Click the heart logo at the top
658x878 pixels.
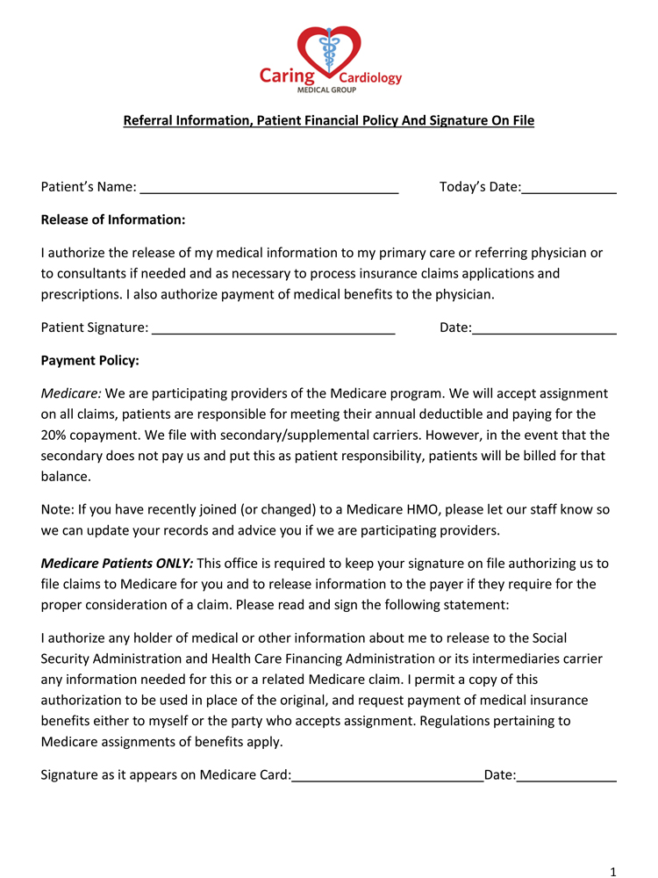pyautogui.click(x=329, y=51)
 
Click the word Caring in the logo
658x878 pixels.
pyautogui.click(x=287, y=76)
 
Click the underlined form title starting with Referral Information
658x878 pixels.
pyautogui.click(x=328, y=119)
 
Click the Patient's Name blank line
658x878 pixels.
pyautogui.click(x=269, y=189)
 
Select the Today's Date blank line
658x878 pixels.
pyautogui.click(x=569, y=189)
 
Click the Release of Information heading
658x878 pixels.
pyautogui.click(x=113, y=219)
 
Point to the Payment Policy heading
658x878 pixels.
pyautogui.click(x=90, y=360)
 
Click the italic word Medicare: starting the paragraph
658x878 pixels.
pyautogui.click(x=71, y=393)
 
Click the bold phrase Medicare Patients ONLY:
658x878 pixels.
pyautogui.click(x=118, y=564)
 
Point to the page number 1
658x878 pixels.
pyautogui.click(x=613, y=871)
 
